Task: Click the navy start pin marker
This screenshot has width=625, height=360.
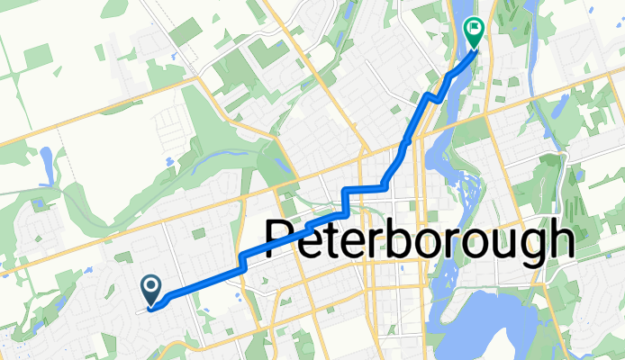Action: tap(151, 290)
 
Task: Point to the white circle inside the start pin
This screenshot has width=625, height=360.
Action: tap(151, 286)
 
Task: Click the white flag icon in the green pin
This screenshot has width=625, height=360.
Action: tap(473, 30)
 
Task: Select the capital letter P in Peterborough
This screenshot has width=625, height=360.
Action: tap(283, 242)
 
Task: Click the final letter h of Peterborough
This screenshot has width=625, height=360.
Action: tap(560, 240)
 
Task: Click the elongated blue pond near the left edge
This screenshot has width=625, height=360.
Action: tap(46, 164)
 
